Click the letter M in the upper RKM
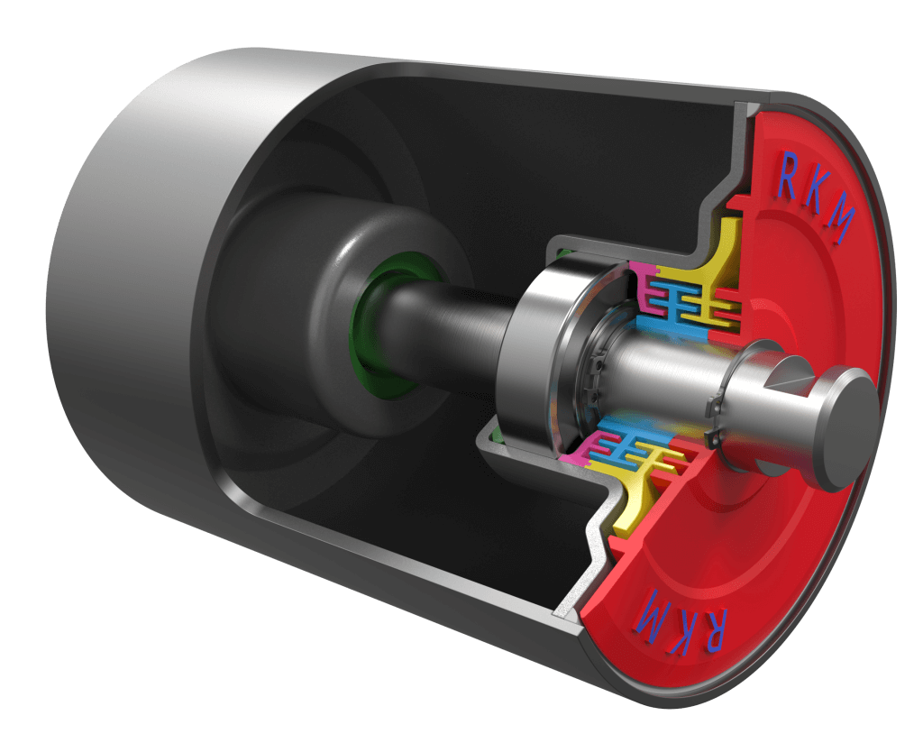click(837, 229)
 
